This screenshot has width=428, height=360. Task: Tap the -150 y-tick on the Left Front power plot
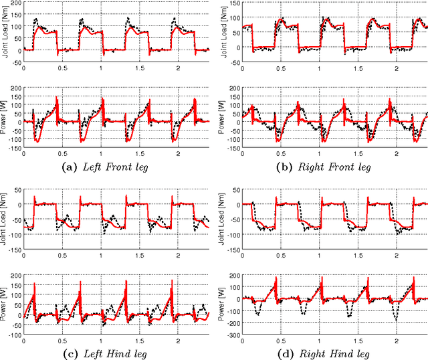15,153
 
